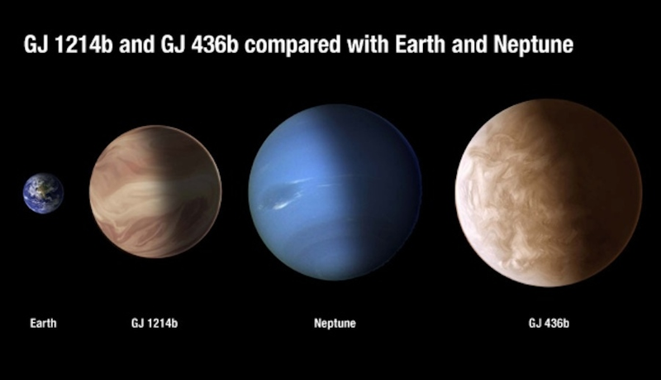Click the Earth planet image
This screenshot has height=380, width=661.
43,193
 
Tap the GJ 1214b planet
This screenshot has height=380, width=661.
155,191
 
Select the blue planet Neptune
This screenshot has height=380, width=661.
335,192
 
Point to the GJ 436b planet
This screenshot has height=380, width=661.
549,193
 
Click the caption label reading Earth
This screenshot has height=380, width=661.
43,324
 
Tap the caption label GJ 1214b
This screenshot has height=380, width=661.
155,324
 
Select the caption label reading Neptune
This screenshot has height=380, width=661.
335,324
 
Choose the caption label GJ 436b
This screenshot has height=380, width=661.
549,324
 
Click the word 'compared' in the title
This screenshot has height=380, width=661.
292,45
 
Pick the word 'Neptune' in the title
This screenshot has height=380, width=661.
533,45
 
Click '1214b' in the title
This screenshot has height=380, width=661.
83,45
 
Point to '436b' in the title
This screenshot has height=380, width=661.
215,45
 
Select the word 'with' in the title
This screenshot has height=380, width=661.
368,44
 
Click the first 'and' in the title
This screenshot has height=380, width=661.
137,45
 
